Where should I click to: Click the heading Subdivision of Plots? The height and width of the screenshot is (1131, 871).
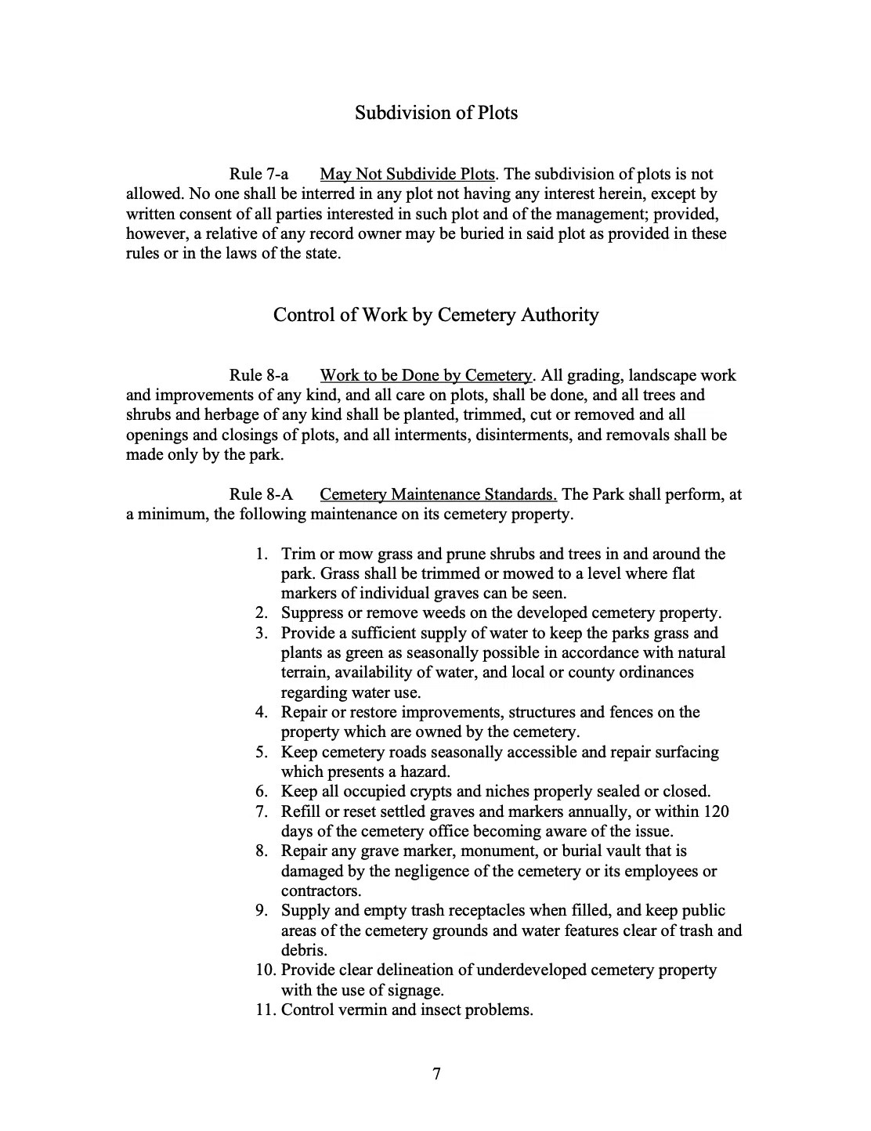pos(435,113)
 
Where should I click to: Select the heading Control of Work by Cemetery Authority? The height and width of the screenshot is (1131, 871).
pos(435,315)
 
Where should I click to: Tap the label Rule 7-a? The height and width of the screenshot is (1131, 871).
pos(258,174)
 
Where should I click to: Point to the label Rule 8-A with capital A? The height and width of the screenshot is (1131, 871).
pos(260,494)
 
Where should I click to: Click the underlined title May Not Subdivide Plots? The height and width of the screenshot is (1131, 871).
pos(407,174)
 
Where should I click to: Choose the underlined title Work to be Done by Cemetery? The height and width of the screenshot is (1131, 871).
pos(425,375)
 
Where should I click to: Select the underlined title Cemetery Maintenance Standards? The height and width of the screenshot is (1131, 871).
pos(438,494)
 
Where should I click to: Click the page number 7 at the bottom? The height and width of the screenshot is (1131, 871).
pos(436,1074)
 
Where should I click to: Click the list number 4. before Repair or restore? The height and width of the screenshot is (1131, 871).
pos(262,712)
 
